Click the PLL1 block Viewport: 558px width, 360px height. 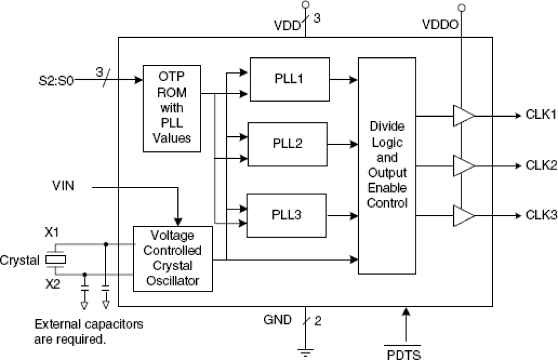[289, 79]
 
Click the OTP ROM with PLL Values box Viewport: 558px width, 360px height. [172, 107]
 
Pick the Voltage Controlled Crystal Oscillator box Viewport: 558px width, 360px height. [173, 258]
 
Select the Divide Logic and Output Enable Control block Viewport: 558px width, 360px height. [387, 165]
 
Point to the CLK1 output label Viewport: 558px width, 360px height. [541, 116]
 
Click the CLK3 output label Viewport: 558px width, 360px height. [541, 215]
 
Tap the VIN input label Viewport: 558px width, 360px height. [63, 186]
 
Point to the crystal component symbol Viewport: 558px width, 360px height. [56, 260]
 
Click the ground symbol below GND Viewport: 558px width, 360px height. [305, 353]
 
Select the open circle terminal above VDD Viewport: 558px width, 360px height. [305, 5]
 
